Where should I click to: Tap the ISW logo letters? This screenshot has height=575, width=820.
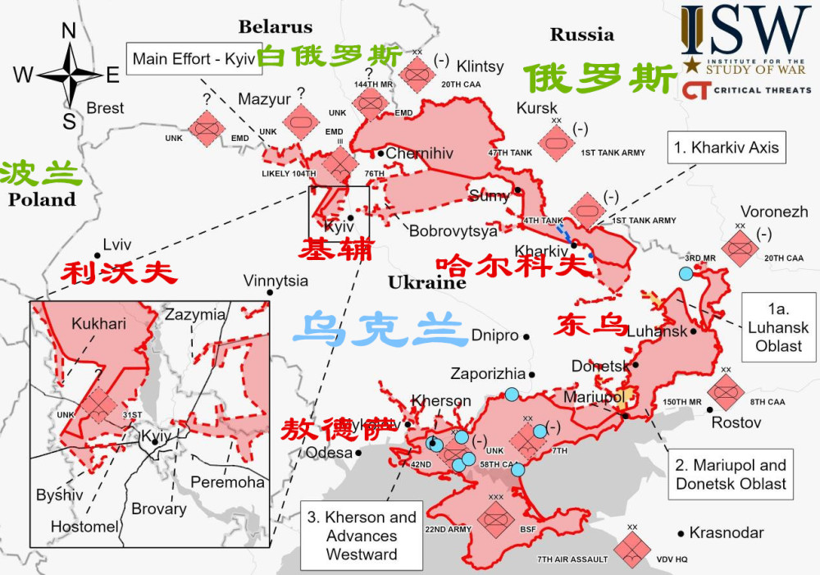pos(745,31)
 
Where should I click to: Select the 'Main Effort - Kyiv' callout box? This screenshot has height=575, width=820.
pos(194,59)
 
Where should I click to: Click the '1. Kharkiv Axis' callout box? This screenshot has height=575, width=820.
pos(727,148)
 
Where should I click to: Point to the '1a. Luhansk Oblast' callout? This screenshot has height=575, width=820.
pos(778,327)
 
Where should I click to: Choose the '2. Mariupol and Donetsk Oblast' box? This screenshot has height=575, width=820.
pos(730,475)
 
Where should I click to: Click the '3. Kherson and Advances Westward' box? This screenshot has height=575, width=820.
pos(362,535)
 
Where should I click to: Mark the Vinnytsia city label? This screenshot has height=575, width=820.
pos(276,281)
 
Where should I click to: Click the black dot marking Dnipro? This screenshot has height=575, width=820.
pos(526,336)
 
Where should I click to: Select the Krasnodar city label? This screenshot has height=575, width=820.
pos(727,532)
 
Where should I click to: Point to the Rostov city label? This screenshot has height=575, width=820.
pos(736,422)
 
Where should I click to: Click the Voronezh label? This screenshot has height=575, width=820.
pos(774,211)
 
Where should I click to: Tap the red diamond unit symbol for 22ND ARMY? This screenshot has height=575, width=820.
pos(495,519)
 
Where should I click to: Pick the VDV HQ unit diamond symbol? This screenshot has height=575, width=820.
pos(632,550)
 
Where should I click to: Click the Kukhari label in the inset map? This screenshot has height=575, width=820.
pos(98,324)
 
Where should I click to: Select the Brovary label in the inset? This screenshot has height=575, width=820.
pos(159,509)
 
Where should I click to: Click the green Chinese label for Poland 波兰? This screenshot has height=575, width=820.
pos(41,173)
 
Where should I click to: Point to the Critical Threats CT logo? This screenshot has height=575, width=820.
pos(696,90)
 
